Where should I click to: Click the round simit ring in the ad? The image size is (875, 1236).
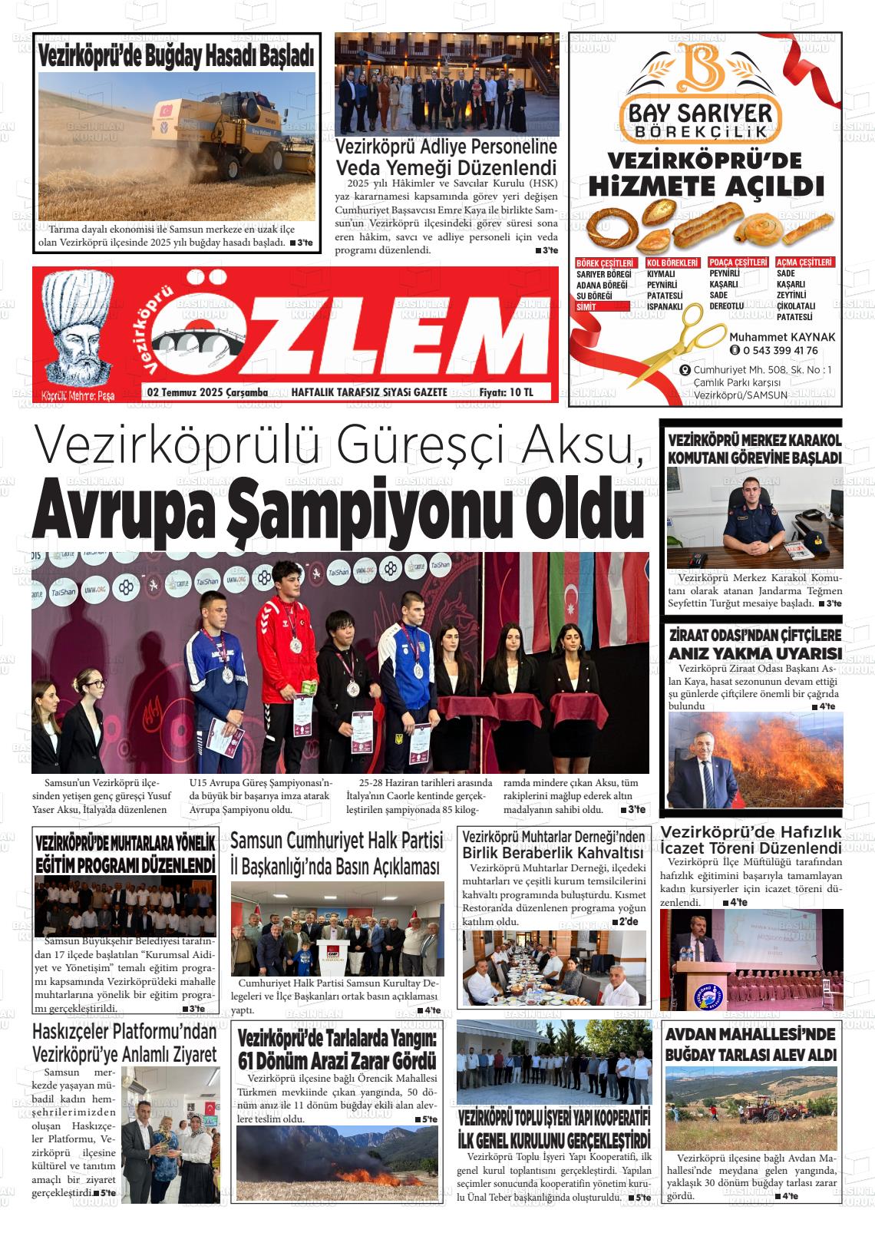point(609,224)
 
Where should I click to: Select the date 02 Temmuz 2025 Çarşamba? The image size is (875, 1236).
point(207,392)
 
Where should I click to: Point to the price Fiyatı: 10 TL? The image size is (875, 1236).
point(506,392)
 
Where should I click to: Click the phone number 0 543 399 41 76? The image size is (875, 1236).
point(780,351)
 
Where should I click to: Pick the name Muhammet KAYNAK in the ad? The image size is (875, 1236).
point(782,337)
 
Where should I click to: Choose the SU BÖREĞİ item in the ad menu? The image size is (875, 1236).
point(594,296)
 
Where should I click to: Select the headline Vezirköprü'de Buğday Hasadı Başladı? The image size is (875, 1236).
point(176,55)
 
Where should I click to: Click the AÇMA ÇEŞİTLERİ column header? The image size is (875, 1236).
point(804,263)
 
